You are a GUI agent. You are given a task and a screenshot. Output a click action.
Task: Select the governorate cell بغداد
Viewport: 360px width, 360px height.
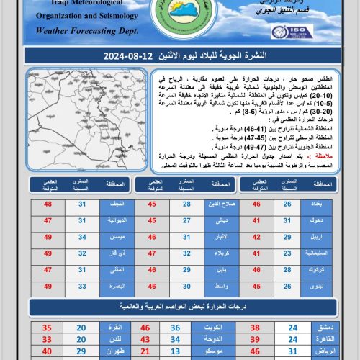[x=318, y=204]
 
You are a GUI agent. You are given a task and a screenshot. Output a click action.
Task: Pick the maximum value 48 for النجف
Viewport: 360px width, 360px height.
[x=48, y=204]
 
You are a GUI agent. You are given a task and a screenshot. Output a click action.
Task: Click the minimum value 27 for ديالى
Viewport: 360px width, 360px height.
[x=186, y=221]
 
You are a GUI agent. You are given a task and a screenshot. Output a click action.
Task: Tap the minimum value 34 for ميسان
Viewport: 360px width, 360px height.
[x=81, y=238]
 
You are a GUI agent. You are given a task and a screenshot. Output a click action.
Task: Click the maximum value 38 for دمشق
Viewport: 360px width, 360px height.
[x=255, y=326]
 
